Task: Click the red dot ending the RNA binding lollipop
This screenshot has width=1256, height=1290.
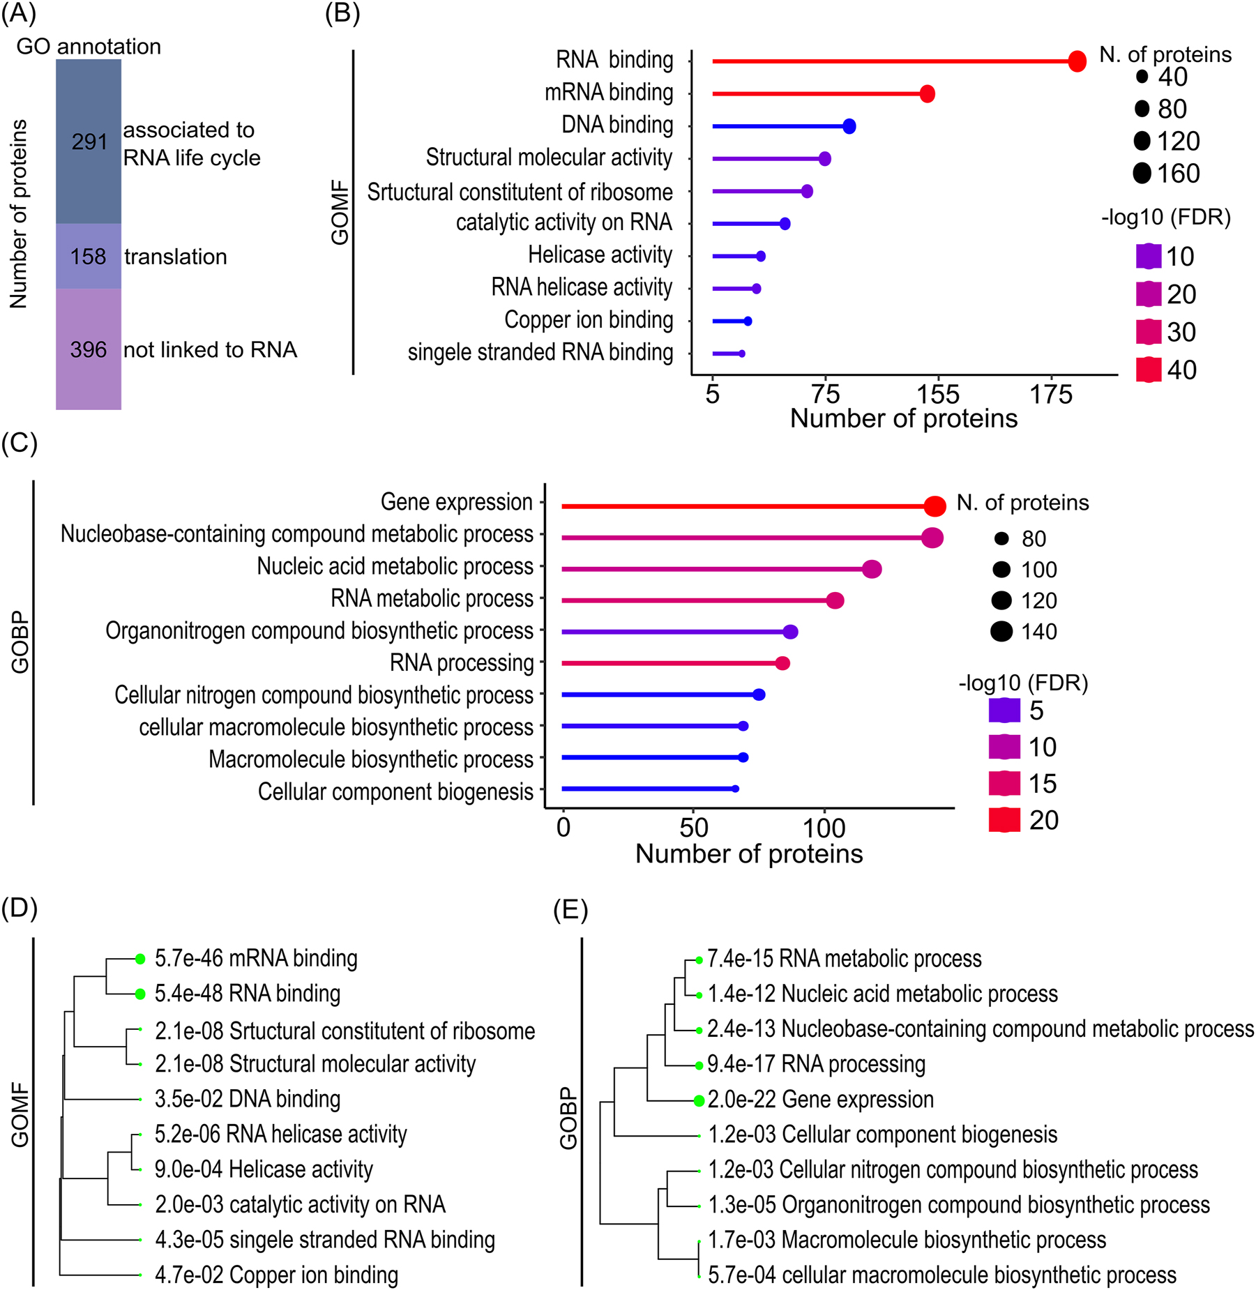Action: [x=1076, y=61]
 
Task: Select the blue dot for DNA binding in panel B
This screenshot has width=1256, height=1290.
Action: [x=849, y=126]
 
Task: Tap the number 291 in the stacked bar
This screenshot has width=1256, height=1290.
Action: [x=89, y=142]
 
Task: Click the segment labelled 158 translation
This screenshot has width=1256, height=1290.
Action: [x=89, y=257]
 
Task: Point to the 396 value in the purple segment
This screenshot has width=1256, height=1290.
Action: [x=89, y=349]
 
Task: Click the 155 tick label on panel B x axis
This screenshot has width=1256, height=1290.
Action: [x=937, y=395]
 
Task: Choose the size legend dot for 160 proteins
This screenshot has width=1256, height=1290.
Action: [x=1142, y=173]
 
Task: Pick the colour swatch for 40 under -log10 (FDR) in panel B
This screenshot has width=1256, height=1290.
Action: [x=1148, y=370]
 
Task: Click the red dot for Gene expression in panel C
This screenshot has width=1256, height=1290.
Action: [x=935, y=506]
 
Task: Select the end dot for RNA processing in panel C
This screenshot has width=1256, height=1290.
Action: [x=782, y=663]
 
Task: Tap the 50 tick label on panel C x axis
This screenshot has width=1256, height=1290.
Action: [x=694, y=828]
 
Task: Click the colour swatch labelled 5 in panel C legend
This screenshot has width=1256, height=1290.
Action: [x=1004, y=711]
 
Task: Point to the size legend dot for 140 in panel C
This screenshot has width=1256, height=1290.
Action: [x=1001, y=632]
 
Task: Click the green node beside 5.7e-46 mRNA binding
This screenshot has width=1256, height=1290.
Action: [x=140, y=959]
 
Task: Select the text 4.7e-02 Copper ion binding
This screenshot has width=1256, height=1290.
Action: [x=276, y=1275]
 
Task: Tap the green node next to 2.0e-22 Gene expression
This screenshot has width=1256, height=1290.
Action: [x=699, y=1101]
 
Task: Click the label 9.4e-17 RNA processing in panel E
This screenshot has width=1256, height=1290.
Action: [x=816, y=1064]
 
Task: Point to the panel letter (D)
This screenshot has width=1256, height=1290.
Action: [x=20, y=908]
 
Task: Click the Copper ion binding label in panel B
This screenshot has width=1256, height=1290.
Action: [x=589, y=320]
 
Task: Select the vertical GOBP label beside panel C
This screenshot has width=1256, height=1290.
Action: [x=20, y=642]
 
